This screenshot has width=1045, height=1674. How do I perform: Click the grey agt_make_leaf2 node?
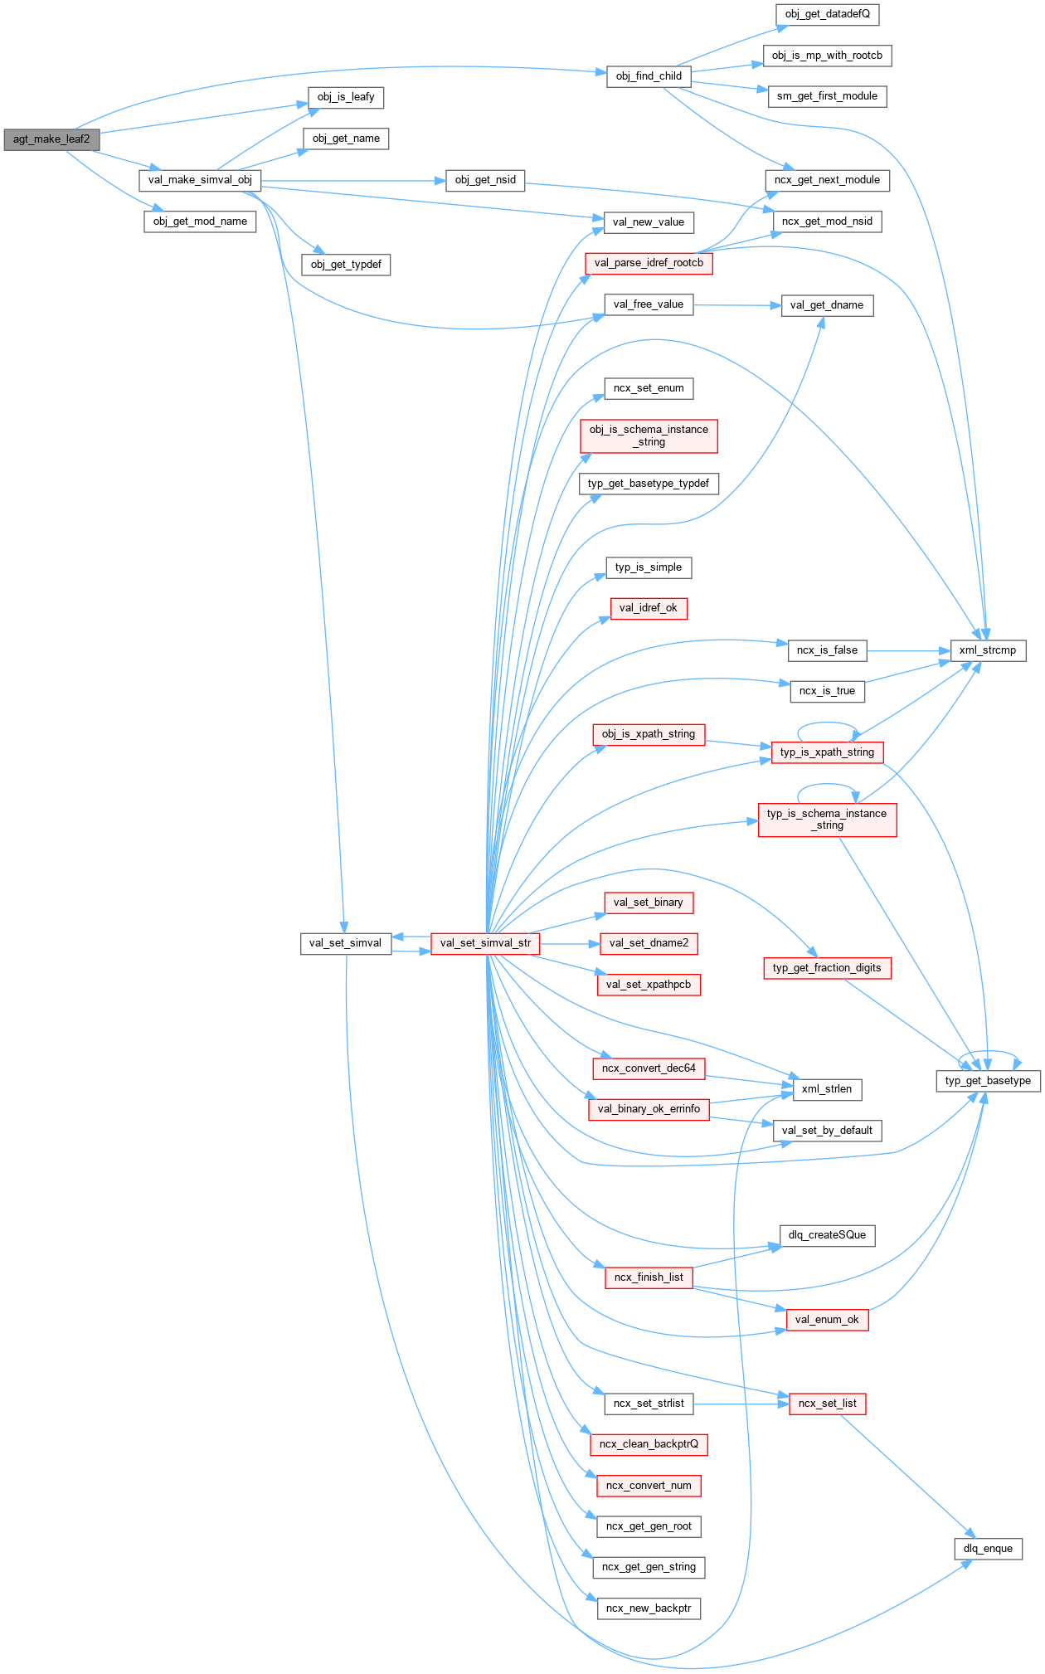point(51,139)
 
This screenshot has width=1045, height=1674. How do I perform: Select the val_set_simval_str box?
point(485,943)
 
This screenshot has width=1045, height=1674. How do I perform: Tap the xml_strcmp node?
point(987,650)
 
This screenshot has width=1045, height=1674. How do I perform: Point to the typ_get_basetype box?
point(988,1081)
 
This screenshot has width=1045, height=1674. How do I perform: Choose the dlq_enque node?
point(988,1549)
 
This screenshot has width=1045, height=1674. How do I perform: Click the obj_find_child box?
point(649,76)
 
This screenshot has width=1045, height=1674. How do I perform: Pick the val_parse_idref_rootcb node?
point(649,263)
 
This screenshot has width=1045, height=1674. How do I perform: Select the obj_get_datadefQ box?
point(827,14)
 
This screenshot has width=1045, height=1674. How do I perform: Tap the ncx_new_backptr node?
point(649,1608)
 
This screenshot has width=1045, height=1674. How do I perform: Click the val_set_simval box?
point(345,943)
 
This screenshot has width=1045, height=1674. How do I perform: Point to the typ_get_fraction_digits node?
point(827,968)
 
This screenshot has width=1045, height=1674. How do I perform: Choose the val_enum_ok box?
point(827,1320)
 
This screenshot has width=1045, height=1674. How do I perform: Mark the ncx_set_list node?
point(827,1404)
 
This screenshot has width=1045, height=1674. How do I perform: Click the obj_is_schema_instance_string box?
point(649,436)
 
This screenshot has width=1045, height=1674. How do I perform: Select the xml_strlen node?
point(827,1089)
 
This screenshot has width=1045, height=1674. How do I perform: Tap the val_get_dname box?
point(827,305)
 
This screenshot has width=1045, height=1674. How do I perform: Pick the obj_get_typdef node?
point(346,265)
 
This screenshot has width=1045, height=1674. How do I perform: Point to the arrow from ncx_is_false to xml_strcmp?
point(909,651)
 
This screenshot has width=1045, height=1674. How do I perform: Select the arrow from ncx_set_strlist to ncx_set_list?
point(741,1404)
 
